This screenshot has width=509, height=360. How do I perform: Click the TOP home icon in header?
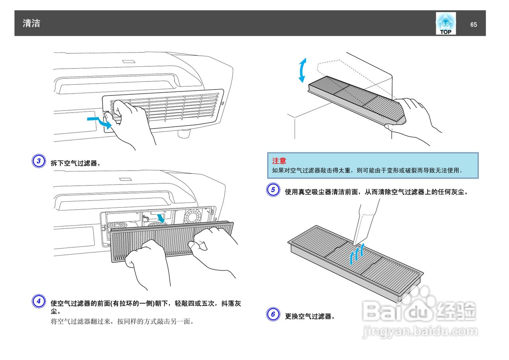click(445, 23)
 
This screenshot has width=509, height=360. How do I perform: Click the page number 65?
click(473, 25)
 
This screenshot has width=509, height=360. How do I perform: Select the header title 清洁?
click(31, 23)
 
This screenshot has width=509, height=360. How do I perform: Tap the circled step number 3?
click(39, 161)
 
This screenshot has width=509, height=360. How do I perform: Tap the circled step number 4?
click(39, 301)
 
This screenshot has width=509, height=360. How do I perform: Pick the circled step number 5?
click(273, 190)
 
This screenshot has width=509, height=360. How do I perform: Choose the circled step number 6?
click(273, 314)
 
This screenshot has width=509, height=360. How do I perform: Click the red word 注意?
click(279, 161)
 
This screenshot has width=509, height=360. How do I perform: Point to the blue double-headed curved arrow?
click(303, 70)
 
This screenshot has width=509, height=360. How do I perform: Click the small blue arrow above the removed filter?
click(161, 218)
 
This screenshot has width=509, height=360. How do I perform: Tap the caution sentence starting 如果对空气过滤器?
click(368, 170)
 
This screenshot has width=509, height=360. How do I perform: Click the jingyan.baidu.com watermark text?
click(420, 331)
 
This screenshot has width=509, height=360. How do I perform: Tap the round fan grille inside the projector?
click(193, 217)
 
